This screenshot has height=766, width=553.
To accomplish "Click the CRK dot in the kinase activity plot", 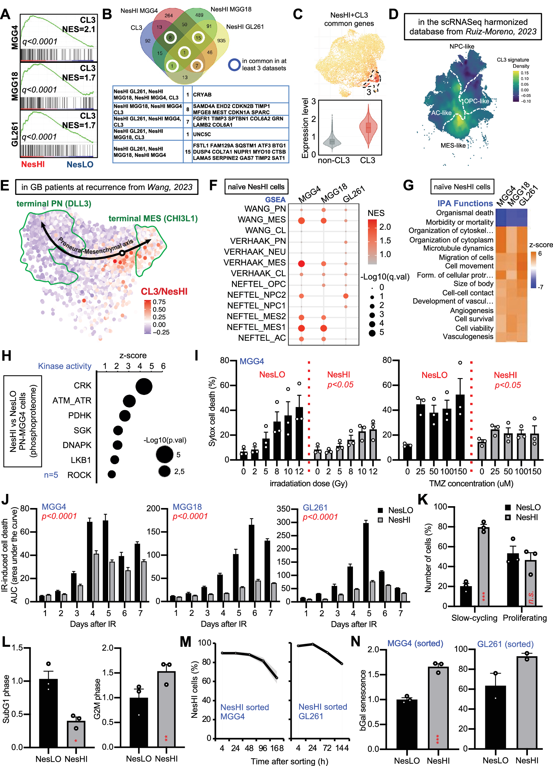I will (x=144, y=386).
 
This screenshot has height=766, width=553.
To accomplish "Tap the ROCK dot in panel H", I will (x=112, y=474).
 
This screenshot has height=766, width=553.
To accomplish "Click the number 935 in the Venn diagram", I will (x=221, y=40).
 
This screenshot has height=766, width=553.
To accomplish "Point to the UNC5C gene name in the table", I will (x=202, y=134).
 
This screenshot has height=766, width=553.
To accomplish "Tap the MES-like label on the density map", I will (x=453, y=146).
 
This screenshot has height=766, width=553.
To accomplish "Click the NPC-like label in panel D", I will (x=461, y=46).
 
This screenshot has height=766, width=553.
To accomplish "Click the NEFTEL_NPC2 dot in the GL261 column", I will (x=345, y=296).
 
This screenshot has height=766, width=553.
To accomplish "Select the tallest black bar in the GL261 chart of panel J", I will (x=366, y=562).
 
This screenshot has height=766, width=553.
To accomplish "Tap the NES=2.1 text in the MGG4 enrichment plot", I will (x=78, y=29).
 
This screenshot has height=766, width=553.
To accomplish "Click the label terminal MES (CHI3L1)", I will (x=153, y=218).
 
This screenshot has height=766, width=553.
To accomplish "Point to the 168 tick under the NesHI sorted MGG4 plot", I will (x=277, y=748).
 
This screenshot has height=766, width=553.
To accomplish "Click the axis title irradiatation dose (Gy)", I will (x=308, y=483).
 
